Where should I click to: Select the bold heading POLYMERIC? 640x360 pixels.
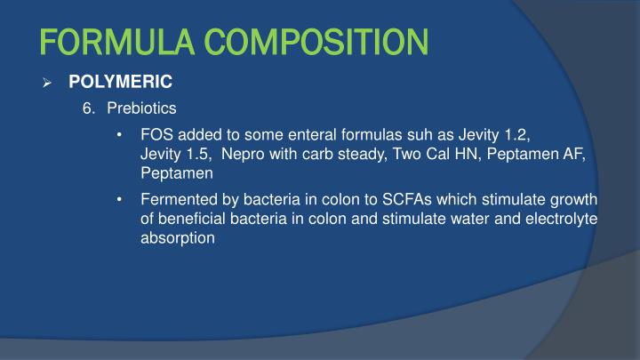pos(120,82)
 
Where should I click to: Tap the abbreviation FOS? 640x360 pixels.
pos(155,135)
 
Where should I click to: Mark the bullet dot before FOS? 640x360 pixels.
pos(120,135)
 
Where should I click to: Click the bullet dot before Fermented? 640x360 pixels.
pos(120,198)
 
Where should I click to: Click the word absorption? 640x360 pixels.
pos(178,237)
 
